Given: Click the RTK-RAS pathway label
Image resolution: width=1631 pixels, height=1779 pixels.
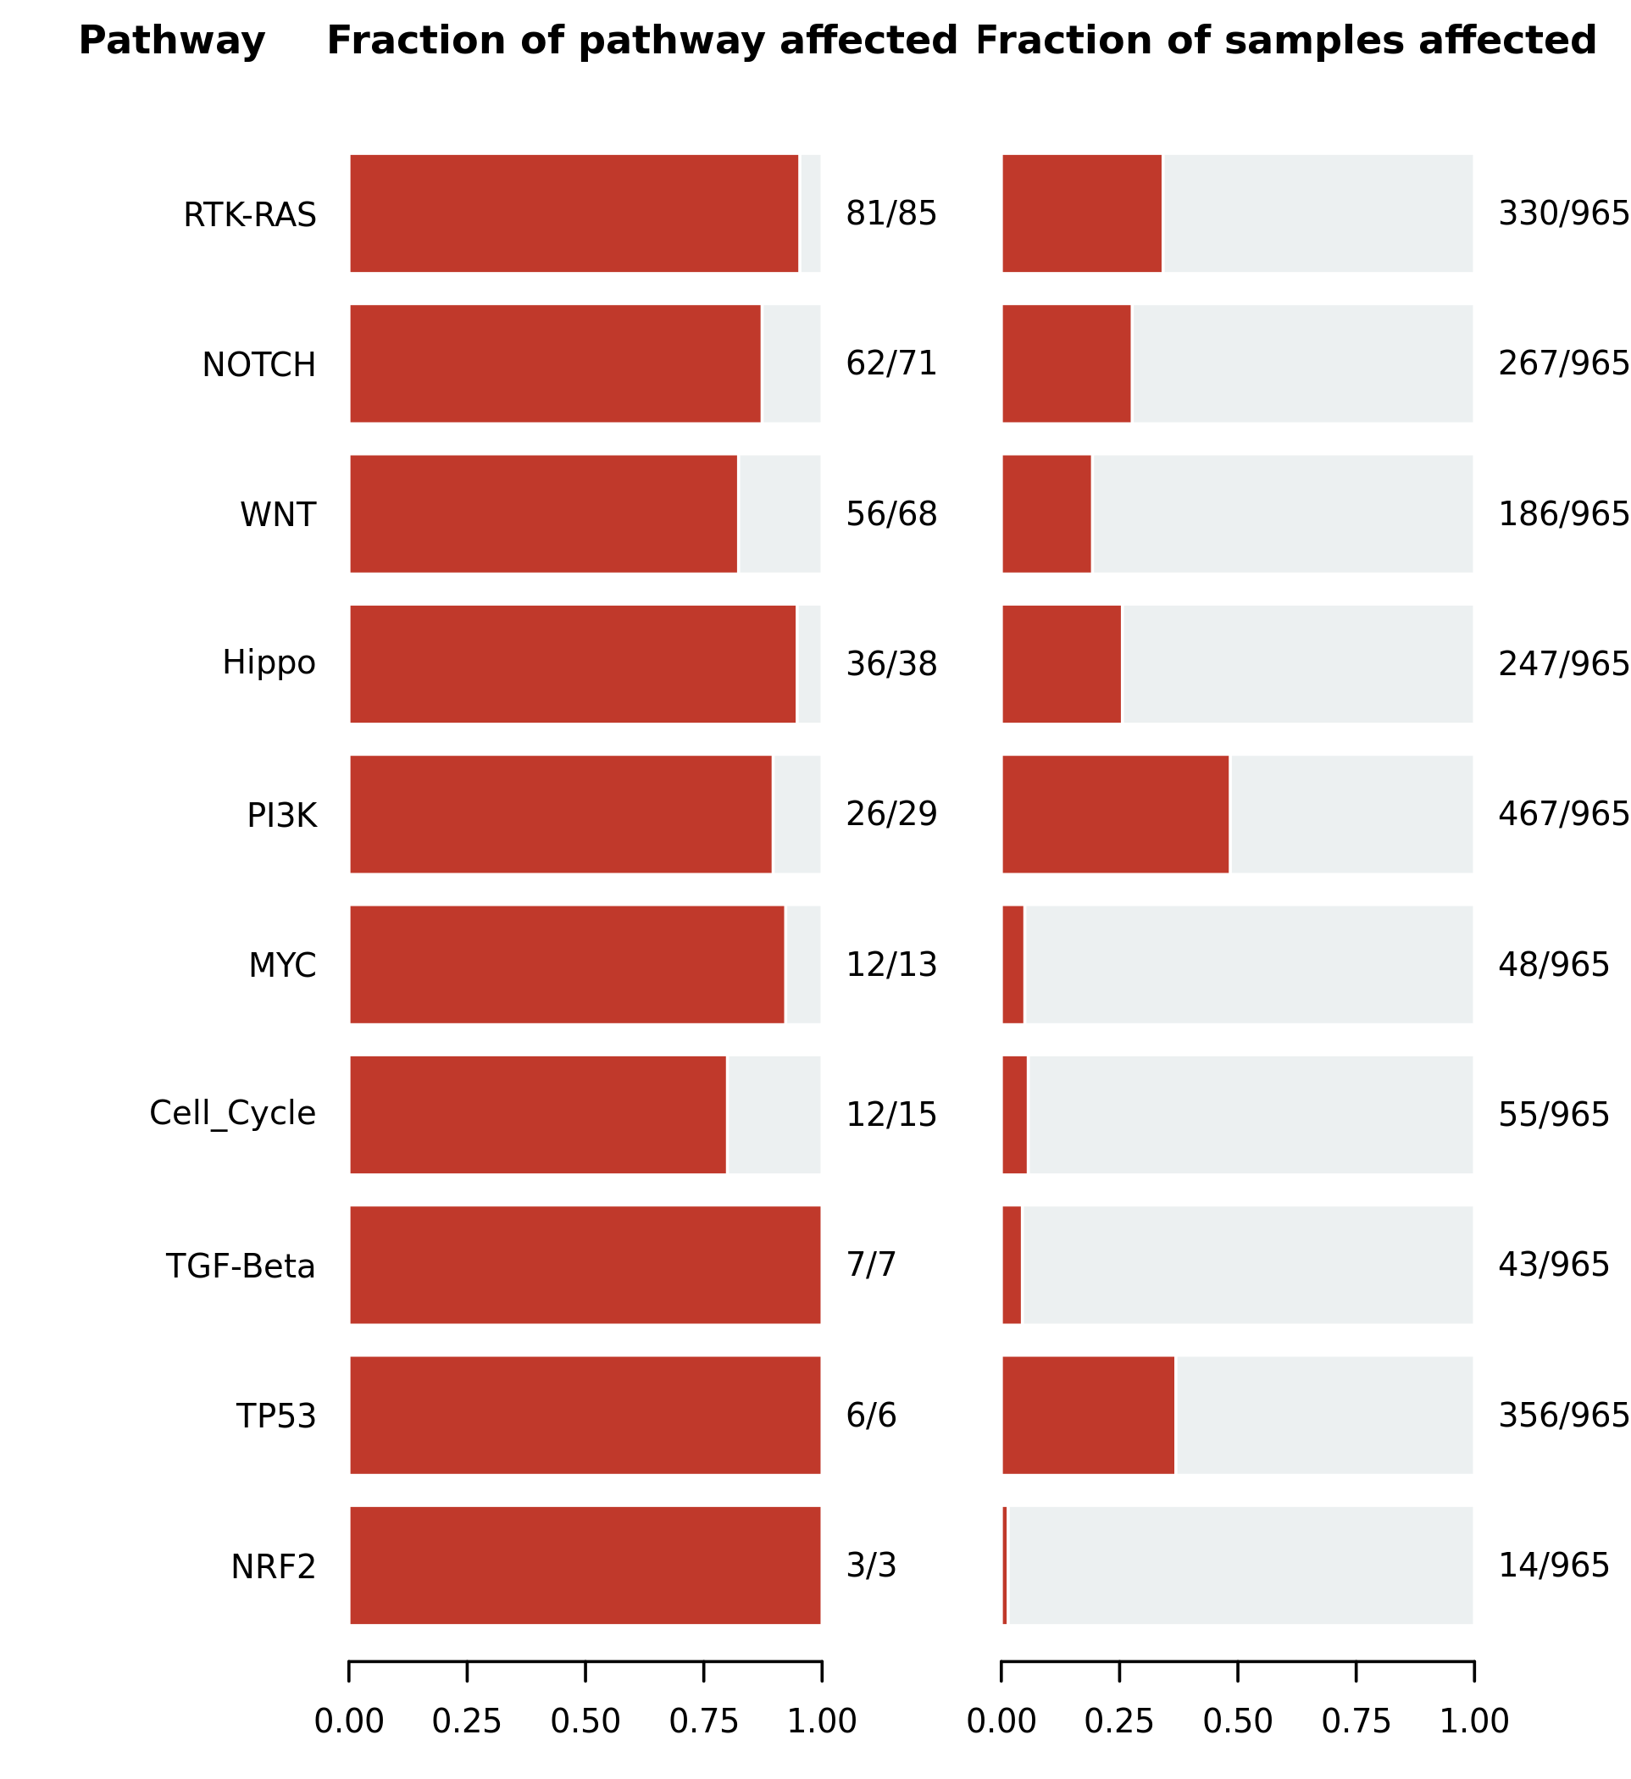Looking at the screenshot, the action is click(x=250, y=215).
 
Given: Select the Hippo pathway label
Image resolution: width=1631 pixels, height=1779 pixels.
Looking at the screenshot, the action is click(x=269, y=663).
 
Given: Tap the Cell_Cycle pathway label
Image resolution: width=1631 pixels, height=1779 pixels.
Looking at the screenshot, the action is click(x=233, y=1115).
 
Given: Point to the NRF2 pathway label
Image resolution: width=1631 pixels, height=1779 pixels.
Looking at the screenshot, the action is click(x=274, y=1567).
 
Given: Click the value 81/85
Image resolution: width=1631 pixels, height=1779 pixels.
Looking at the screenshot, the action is click(x=891, y=214).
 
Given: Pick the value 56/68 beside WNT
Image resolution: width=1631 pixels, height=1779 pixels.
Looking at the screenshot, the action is click(x=891, y=514).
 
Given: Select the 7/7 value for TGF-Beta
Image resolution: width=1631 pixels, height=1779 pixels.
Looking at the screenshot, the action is click(x=871, y=1266).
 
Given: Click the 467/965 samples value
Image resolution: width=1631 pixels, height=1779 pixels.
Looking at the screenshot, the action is click(x=1564, y=814).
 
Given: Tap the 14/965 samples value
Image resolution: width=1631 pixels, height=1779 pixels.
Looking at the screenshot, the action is click(x=1554, y=1566).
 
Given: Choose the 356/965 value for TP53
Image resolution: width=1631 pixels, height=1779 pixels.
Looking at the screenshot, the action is click(x=1564, y=1416).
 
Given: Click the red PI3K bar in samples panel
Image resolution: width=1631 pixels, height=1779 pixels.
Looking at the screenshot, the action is click(x=1116, y=814).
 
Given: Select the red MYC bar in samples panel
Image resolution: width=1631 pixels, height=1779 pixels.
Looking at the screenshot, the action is click(x=1013, y=965).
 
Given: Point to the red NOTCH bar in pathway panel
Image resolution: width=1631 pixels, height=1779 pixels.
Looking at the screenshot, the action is click(x=555, y=363).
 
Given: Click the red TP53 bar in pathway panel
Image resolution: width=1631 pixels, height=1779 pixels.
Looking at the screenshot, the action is click(x=585, y=1416).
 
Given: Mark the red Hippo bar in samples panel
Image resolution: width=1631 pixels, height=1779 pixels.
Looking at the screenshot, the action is click(x=1062, y=664).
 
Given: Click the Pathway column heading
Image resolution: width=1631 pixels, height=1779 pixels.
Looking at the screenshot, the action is click(x=172, y=42).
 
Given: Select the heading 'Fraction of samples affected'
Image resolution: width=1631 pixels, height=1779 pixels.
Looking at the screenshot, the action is click(x=1286, y=41).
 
